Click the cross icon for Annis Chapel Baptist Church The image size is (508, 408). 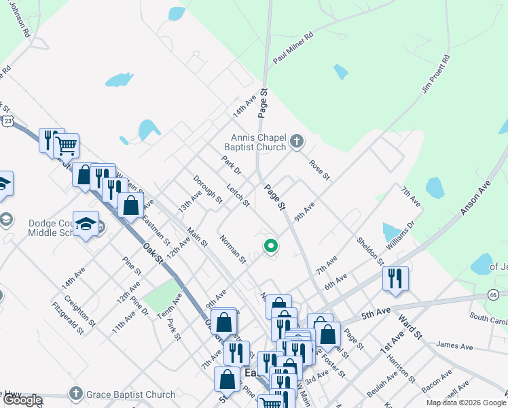[296, 141]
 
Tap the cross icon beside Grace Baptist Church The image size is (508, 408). [76, 394]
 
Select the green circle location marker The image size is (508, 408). [271, 246]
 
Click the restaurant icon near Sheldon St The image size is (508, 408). [395, 278]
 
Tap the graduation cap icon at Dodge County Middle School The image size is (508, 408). [86, 224]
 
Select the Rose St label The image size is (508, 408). [319, 170]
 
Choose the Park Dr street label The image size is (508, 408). [232, 166]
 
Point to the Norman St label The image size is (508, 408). [233, 249]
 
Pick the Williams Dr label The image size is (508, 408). [399, 233]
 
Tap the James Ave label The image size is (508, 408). [454, 346]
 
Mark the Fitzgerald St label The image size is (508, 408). [66, 318]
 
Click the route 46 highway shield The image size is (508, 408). [494, 294]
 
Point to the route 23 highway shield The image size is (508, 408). [7, 121]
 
